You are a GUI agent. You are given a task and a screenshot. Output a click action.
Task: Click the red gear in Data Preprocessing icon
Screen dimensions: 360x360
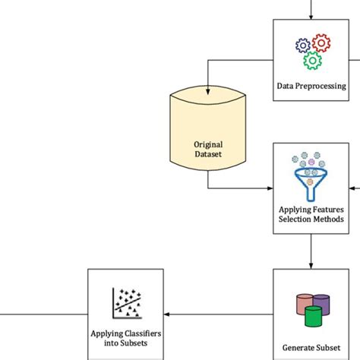[320, 43]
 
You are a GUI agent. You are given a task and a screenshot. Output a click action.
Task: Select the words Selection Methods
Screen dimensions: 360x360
[311, 219]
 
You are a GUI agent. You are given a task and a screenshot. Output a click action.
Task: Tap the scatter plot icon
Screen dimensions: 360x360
[127, 303]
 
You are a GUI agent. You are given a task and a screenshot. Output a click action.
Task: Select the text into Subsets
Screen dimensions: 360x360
[126, 343]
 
